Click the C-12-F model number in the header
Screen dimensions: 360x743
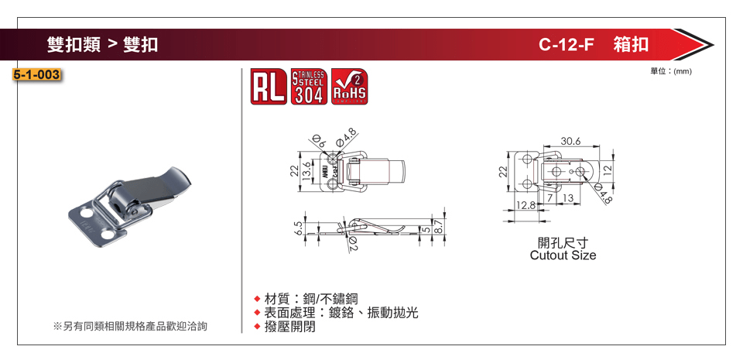coord(566,45)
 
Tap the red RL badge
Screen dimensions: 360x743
coord(269,87)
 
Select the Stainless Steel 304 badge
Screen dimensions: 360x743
coord(309,87)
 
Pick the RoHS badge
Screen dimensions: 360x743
coord(349,87)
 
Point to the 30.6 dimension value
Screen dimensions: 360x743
coord(570,141)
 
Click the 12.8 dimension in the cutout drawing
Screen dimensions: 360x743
coord(526,205)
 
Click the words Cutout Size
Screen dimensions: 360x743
coord(563,255)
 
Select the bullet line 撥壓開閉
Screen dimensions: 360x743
coord(289,327)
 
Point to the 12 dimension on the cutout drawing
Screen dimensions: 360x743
coord(608,169)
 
